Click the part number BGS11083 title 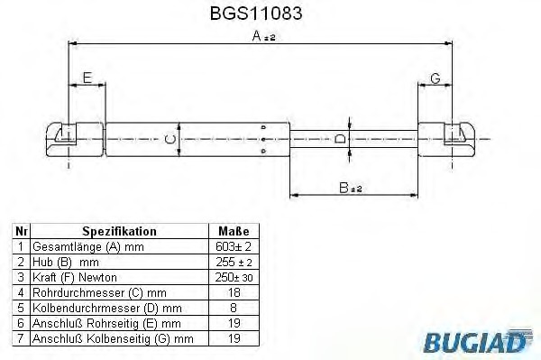click(256, 14)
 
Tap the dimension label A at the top click(264, 36)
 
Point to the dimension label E click(87, 78)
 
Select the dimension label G click(436, 78)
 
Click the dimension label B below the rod click(351, 188)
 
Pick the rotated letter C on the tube click(170, 140)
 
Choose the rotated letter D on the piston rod click(340, 139)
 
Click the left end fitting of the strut click(75, 140)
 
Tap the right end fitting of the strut click(446, 139)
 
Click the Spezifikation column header click(119, 231)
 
